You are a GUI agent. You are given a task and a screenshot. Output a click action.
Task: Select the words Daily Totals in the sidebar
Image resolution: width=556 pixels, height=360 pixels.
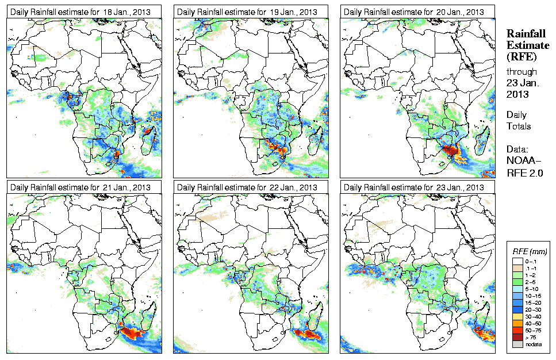[519, 120]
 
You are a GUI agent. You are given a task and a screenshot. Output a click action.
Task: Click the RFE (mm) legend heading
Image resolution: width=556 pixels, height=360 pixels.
[529, 251]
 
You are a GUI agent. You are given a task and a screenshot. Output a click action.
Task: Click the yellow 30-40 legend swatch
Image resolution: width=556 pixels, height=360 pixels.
[517, 316]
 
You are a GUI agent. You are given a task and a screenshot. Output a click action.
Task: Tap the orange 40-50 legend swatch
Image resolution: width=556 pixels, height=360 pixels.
[517, 323]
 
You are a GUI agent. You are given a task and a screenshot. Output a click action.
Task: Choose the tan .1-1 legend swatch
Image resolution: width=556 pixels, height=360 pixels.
[517, 268]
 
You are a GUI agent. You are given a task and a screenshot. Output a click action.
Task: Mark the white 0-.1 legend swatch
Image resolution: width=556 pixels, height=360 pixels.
[517, 261]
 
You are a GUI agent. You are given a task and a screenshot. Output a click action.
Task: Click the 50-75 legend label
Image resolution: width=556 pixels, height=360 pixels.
[532, 330]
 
